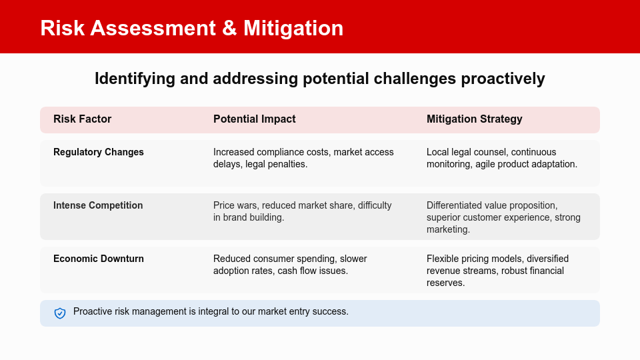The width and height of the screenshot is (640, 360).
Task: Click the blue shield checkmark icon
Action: (x=60, y=313)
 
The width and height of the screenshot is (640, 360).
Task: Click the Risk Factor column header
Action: (x=83, y=119)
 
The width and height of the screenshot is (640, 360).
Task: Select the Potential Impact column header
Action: (x=254, y=119)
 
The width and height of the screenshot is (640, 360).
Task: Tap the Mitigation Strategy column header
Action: (x=474, y=119)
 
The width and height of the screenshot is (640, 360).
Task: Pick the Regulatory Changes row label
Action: (x=99, y=152)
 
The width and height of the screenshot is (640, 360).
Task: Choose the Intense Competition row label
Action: (x=98, y=205)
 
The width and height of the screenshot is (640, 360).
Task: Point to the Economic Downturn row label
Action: (x=99, y=259)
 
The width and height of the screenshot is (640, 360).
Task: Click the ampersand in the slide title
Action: (x=229, y=28)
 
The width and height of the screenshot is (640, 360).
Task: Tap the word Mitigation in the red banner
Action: (x=293, y=28)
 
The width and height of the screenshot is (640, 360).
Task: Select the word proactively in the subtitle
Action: (x=503, y=79)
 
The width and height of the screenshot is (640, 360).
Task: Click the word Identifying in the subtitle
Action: (x=135, y=79)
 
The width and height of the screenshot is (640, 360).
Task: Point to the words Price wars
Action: (x=235, y=205)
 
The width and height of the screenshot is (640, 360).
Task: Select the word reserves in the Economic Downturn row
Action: (x=445, y=283)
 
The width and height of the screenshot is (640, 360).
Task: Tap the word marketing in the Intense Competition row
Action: (x=447, y=229)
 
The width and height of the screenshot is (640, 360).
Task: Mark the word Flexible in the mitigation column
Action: (x=443, y=259)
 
